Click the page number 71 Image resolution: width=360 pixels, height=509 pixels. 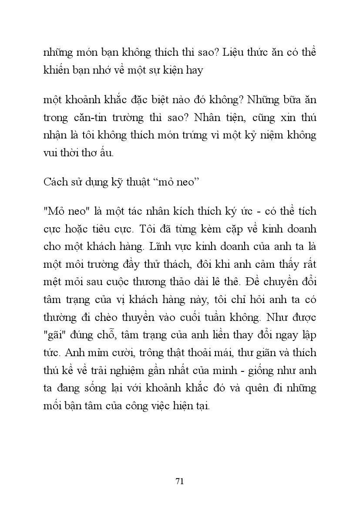[x=180, y=481]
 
